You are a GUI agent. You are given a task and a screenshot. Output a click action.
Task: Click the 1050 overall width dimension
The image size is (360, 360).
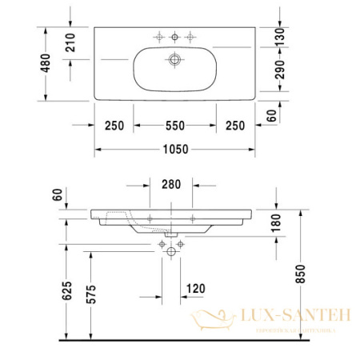(x=175, y=149)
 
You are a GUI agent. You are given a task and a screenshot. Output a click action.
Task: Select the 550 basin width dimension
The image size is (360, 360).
(x=175, y=125)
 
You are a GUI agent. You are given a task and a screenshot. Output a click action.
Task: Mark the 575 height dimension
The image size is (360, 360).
(x=92, y=295)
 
